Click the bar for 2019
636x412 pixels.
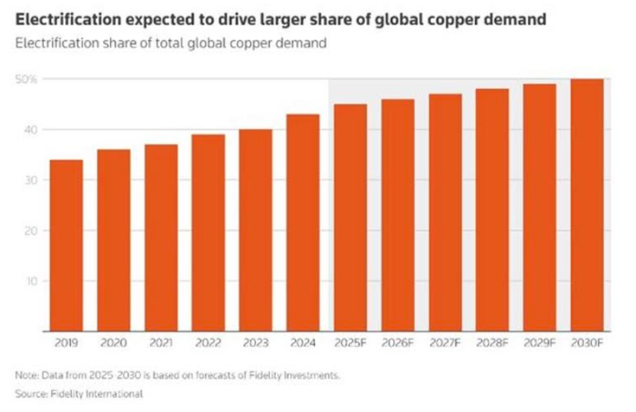(66, 246)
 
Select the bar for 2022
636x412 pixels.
(208, 233)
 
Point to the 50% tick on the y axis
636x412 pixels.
(26, 80)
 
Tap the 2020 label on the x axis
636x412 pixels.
(113, 344)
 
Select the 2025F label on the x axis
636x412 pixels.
(350, 344)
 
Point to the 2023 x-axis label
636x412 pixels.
(255, 344)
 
